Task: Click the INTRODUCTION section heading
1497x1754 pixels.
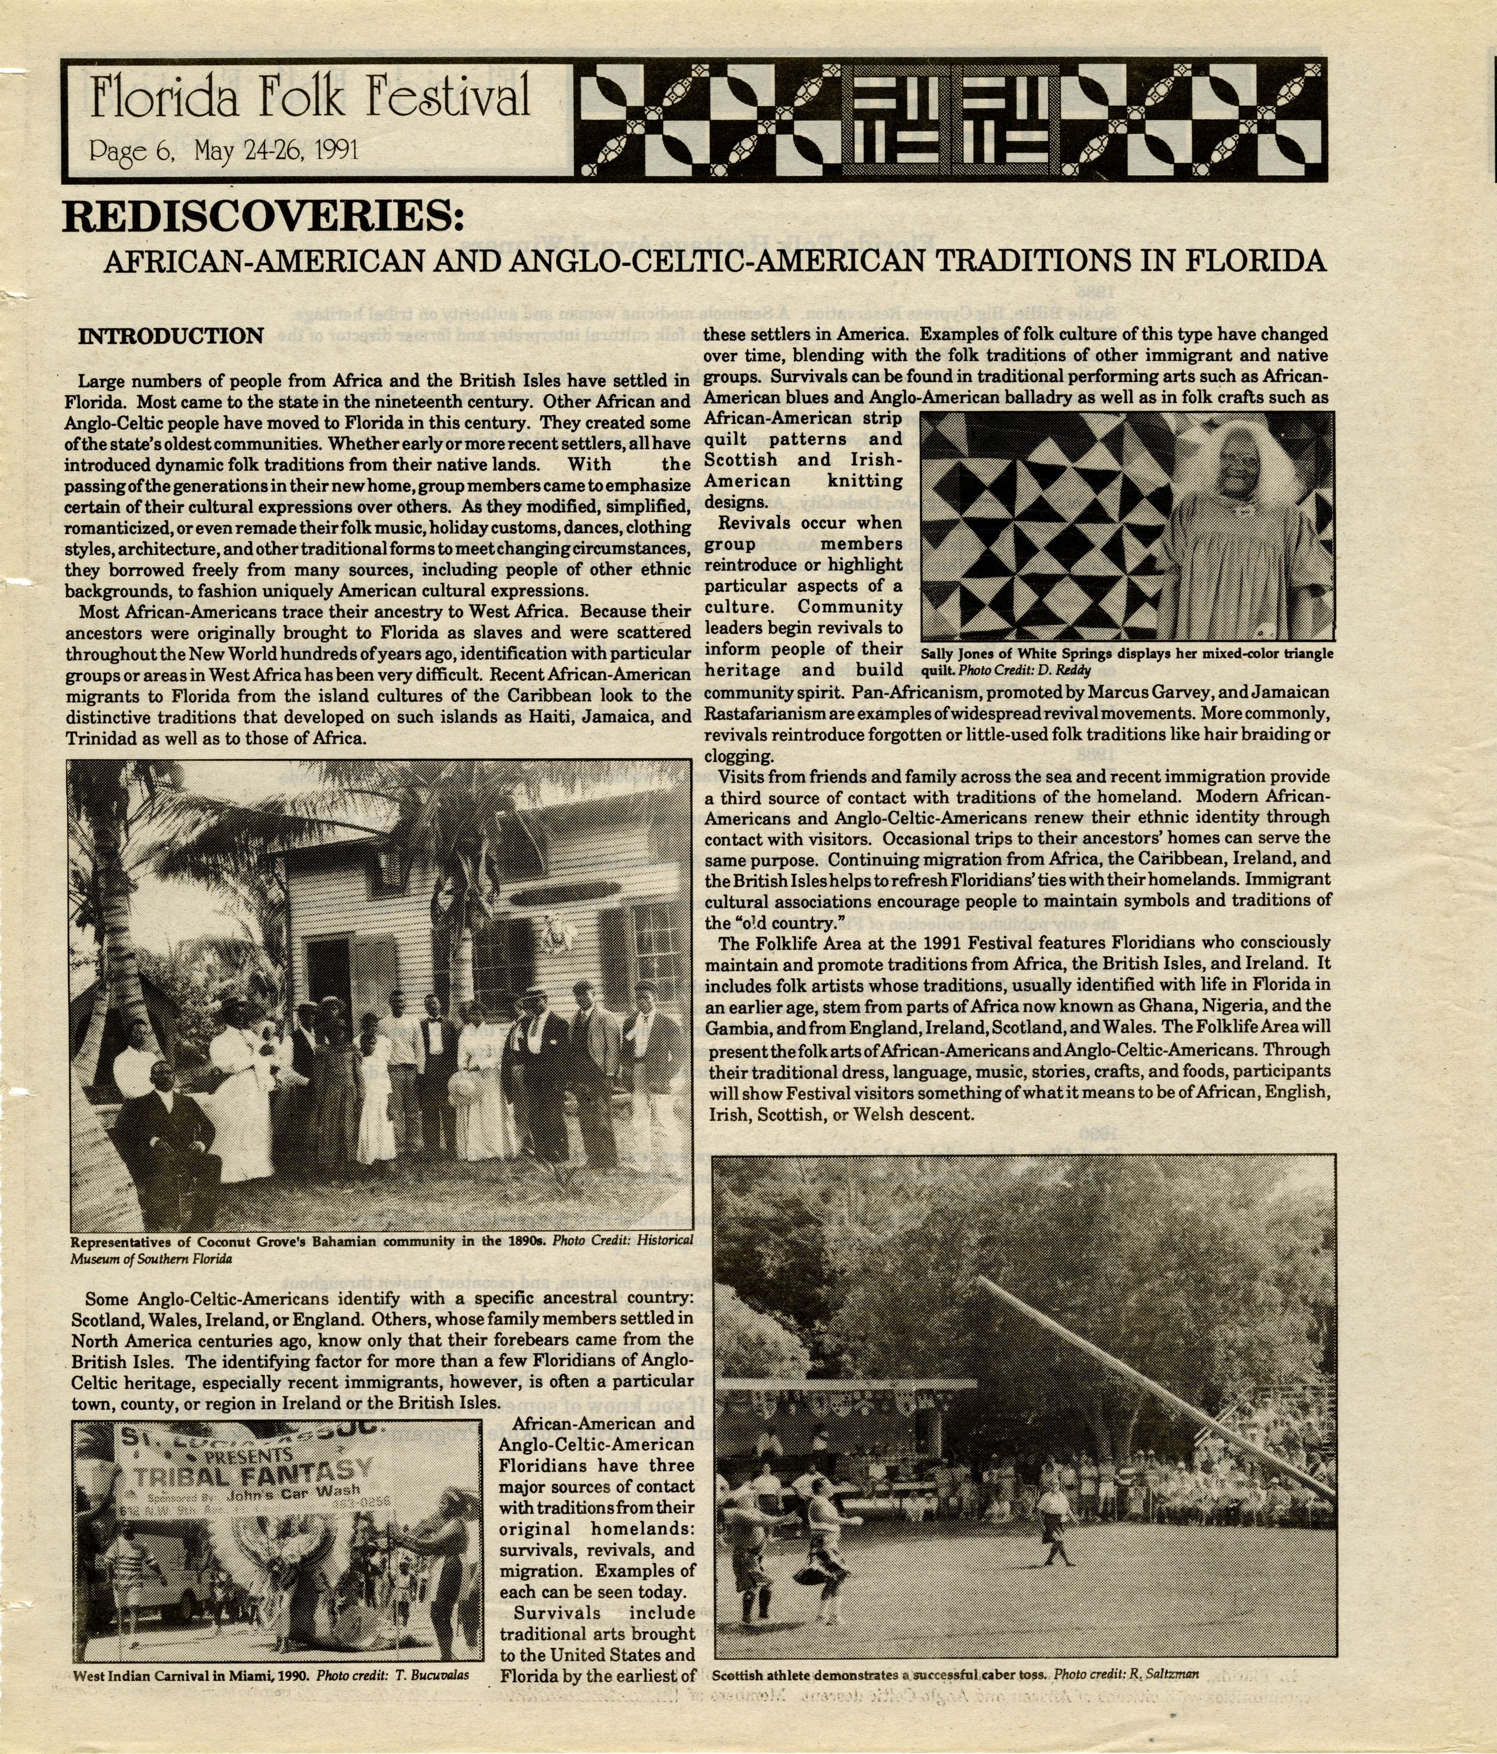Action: (171, 336)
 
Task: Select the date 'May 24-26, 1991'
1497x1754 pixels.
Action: (277, 152)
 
